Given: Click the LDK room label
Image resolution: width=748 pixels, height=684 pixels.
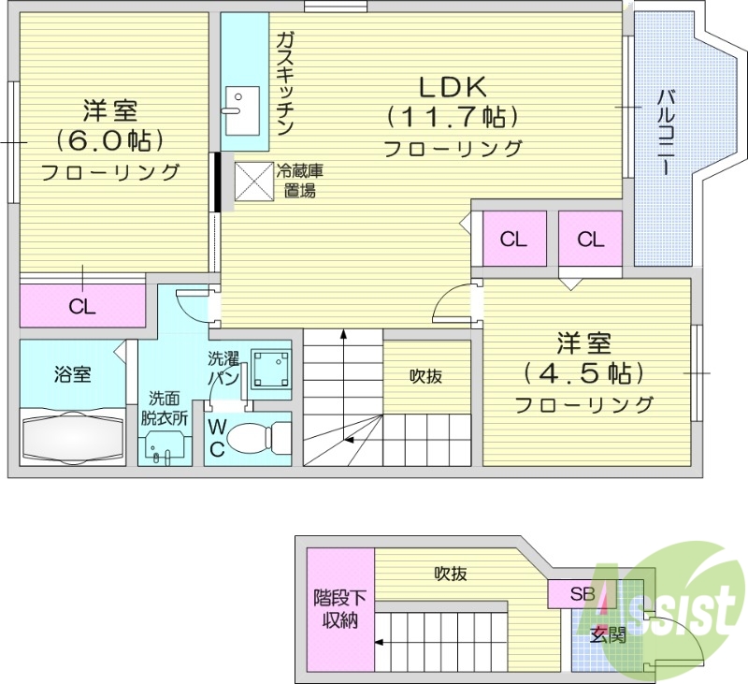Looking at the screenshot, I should coord(453,87).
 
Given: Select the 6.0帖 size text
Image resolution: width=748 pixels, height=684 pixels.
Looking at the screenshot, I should coord(110,140).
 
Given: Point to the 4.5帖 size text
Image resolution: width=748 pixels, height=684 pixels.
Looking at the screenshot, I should coord(583,372).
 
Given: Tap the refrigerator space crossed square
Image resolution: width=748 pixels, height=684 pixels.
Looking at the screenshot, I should coord(252,181).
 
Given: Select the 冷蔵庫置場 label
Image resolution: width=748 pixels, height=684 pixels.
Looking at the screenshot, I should coord(299,181).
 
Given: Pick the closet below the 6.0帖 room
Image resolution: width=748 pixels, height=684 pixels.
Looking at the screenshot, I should coord(82,307).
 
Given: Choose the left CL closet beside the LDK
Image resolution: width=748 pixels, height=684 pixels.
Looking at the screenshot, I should coord(512,240).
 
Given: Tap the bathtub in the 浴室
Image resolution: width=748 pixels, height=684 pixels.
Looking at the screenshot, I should coord(71,436).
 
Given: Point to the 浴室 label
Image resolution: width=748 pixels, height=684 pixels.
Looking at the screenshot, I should coord(72,375).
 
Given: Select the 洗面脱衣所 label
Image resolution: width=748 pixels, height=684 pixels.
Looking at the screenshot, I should coord(165,410).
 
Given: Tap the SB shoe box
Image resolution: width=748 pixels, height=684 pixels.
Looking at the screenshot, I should coord(583,593).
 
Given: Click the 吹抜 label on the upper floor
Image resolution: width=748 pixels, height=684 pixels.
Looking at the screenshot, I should coord(425,376).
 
